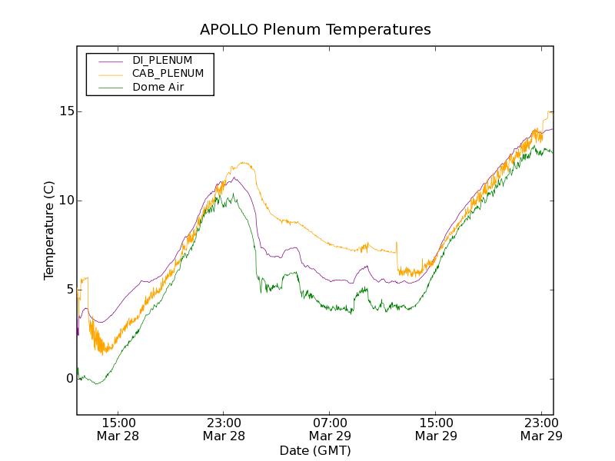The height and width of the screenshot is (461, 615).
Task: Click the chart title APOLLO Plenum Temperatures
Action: click(315, 30)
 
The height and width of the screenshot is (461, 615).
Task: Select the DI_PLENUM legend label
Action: click(162, 60)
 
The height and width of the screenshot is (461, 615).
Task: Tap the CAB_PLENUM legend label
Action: click(168, 74)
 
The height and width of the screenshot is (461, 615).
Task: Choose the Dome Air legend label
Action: click(158, 88)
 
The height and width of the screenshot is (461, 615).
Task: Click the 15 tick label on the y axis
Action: click(66, 111)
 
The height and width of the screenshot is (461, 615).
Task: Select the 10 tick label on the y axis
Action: click(66, 201)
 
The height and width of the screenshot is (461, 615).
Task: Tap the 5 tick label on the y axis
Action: click(69, 290)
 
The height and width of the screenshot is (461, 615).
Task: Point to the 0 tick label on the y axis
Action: click(69, 379)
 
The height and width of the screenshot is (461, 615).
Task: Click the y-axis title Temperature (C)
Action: click(49, 230)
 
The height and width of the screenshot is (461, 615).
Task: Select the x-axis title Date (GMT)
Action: click(315, 450)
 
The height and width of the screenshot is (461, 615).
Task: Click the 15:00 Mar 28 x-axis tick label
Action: click(118, 429)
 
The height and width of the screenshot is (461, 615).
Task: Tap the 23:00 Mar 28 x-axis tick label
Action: click(224, 429)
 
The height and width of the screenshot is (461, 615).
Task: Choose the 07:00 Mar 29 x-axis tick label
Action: click(330, 429)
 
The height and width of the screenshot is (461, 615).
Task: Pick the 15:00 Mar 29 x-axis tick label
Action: click(436, 429)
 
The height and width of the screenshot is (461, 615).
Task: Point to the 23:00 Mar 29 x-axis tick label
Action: click(541, 429)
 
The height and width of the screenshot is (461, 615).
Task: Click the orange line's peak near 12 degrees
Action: click(244, 162)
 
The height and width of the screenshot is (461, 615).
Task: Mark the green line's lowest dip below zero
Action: click(96, 383)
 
